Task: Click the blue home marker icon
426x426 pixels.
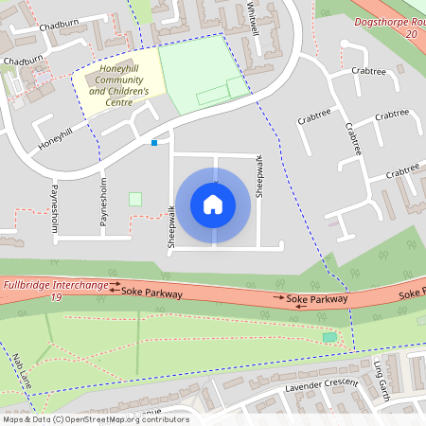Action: (213, 204)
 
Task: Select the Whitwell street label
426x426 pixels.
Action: (253, 16)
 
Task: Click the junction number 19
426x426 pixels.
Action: (57, 297)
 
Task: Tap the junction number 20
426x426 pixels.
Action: (410, 33)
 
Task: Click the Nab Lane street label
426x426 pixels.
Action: (23, 371)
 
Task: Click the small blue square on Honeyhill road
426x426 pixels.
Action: (154, 143)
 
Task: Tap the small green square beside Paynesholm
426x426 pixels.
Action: (134, 199)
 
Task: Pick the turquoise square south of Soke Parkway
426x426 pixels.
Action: (328, 337)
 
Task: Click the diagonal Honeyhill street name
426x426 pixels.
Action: (55, 137)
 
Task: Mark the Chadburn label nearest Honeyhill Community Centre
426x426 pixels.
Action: (24, 61)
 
